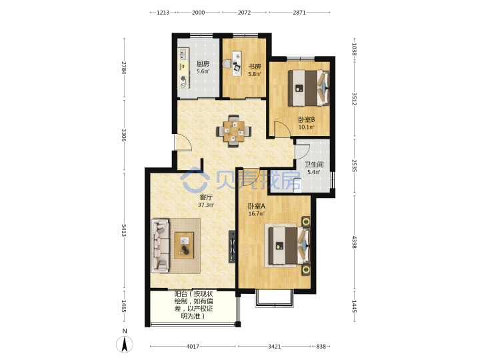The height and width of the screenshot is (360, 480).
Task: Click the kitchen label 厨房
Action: pos(203,64)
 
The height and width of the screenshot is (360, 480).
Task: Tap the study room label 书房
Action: pos(255,67)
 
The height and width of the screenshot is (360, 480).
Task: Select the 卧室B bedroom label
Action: pos(307,119)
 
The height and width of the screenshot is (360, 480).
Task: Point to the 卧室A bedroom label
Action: pos(257,206)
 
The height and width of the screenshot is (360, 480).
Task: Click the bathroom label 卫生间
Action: pos(314,165)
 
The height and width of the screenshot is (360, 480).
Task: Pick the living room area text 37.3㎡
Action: pos(206,205)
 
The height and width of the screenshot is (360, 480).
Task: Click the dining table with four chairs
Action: pos(234,131)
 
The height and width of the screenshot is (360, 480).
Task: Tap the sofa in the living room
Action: pos(160,245)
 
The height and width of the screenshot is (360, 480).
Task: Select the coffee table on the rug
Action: pos(184,245)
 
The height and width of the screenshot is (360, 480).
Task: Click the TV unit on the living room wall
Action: pos(233,247)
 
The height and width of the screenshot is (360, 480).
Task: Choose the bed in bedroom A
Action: pos(289,245)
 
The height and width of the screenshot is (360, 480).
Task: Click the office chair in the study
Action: pos(227,64)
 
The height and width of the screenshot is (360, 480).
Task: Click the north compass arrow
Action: pos(125,344)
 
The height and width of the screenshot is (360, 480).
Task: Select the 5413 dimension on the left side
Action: pos(124,230)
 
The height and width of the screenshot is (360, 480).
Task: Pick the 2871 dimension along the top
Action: pos(299,13)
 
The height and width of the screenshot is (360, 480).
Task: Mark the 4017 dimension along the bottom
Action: pos(193,347)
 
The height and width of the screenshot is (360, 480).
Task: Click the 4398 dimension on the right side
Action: pos(354,242)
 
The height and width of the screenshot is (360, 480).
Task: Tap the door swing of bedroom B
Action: pos(282,129)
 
